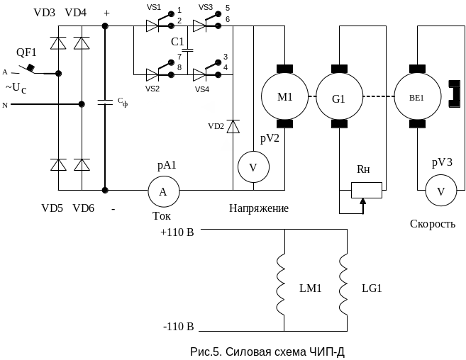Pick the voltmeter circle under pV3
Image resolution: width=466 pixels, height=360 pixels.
click(440, 191)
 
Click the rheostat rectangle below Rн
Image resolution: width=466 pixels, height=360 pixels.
click(367, 191)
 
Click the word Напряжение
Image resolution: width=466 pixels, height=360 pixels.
click(258, 209)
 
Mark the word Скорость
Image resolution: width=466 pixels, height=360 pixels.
click(433, 224)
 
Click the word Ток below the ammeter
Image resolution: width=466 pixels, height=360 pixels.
click(162, 215)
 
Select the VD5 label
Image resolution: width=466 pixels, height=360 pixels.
click(52, 208)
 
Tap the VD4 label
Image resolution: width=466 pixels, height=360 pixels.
click(77, 13)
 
